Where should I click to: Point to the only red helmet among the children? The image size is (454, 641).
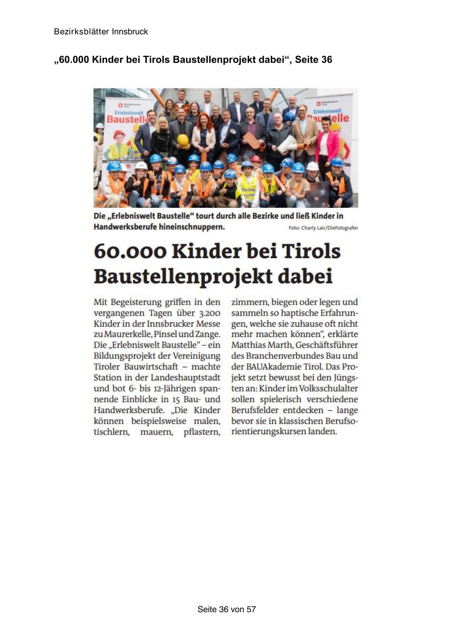point(256,159)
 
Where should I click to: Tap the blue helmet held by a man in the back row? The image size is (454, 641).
point(290,117)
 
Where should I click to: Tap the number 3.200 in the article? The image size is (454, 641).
point(210,313)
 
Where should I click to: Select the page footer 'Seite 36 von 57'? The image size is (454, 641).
point(227,609)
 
